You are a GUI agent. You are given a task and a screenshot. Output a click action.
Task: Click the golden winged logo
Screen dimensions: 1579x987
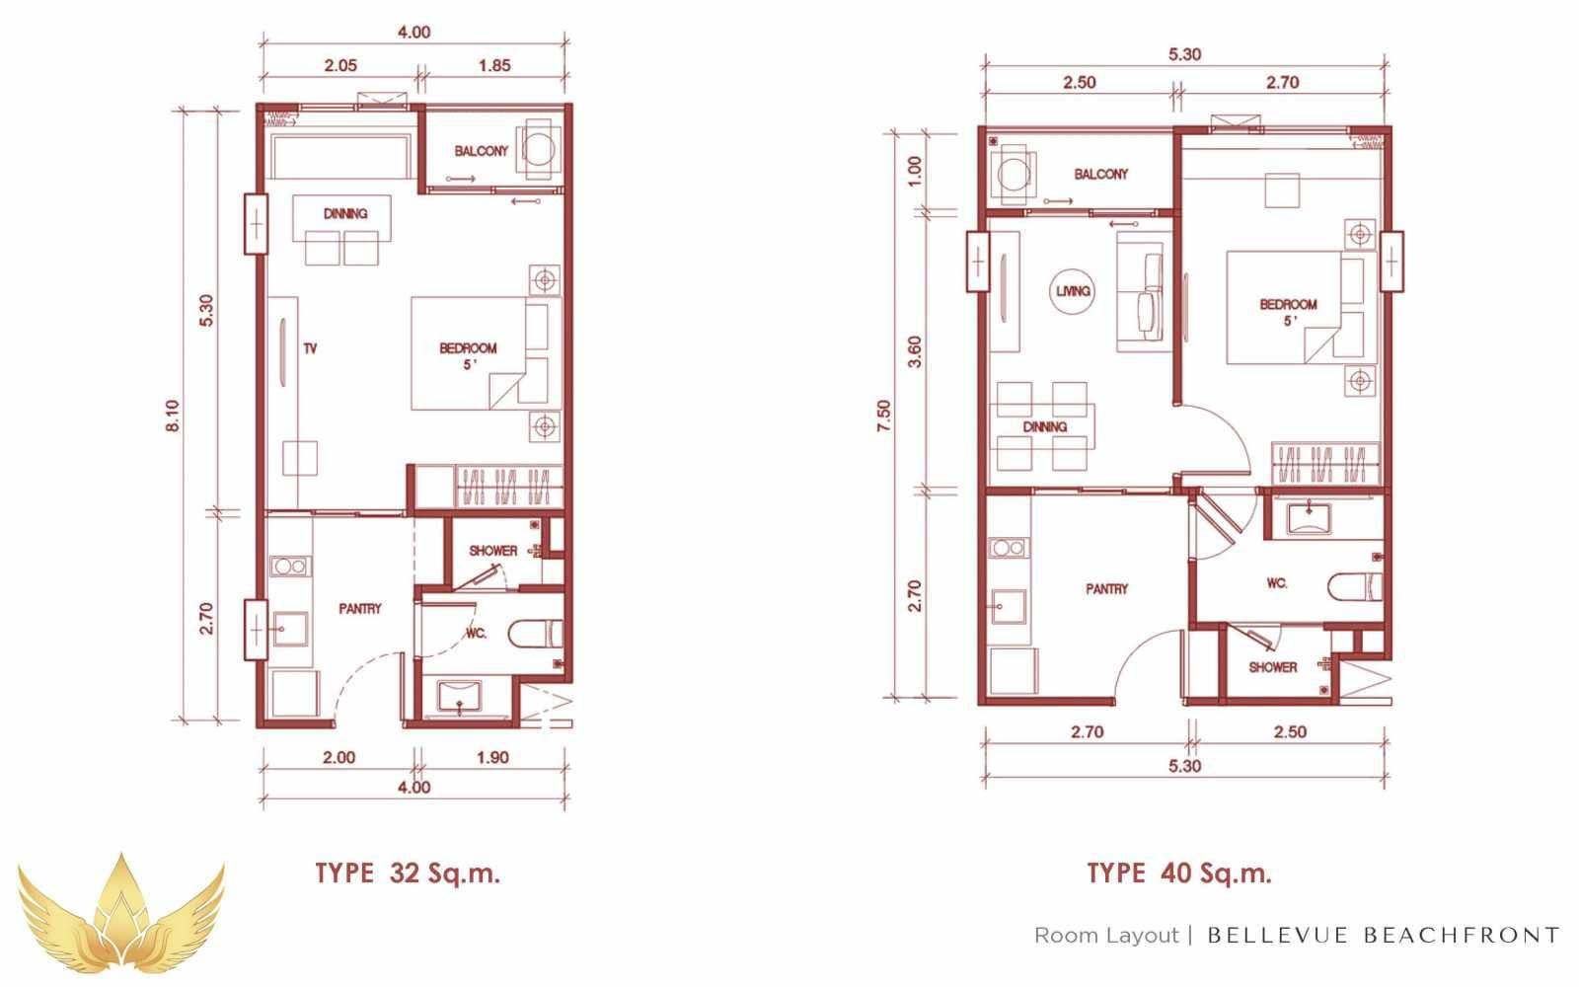(x=121, y=917)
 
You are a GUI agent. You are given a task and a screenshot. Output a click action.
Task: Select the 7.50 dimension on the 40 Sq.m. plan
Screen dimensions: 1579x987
(x=884, y=416)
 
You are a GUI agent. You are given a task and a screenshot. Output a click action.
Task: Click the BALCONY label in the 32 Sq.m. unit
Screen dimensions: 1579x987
(x=481, y=151)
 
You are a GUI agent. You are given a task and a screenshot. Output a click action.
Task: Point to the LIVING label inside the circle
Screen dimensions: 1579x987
(x=1073, y=290)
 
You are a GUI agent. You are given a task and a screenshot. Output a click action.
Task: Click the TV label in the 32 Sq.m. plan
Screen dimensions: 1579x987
(x=310, y=348)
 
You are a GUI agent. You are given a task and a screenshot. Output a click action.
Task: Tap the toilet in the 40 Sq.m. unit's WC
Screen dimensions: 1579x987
(x=1355, y=586)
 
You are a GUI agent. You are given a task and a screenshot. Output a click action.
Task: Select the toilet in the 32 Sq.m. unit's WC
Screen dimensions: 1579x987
(x=536, y=634)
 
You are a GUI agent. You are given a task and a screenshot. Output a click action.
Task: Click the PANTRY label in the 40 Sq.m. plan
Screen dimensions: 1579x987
(x=1106, y=588)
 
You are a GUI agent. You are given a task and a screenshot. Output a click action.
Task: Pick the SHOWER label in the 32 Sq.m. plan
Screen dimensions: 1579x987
(x=492, y=551)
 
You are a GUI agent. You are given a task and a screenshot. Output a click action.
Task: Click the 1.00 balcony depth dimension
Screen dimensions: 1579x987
(x=914, y=171)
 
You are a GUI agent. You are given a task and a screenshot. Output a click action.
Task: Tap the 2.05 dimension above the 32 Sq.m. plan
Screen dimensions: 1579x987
(x=340, y=65)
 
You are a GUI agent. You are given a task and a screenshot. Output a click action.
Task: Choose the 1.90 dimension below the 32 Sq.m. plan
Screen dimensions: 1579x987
(x=492, y=757)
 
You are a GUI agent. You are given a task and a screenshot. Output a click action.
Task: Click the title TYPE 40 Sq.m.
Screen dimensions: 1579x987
(x=1179, y=873)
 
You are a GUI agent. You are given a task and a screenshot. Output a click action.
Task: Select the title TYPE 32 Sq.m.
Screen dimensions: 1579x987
(x=408, y=873)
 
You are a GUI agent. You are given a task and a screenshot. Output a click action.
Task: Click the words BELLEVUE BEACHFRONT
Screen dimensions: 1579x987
(x=1383, y=936)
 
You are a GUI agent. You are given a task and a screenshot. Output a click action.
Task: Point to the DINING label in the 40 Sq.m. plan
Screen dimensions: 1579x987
(x=1045, y=426)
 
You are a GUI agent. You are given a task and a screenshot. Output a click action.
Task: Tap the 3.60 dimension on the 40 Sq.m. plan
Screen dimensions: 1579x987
(x=914, y=351)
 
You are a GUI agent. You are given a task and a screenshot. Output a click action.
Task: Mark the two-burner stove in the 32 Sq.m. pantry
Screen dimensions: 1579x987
(x=290, y=567)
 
